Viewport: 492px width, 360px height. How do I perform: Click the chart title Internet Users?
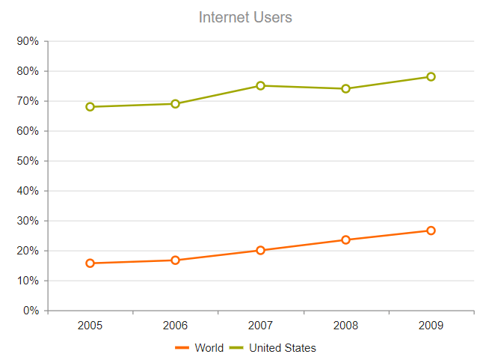click(x=245, y=17)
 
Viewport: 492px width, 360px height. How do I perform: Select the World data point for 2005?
click(x=90, y=263)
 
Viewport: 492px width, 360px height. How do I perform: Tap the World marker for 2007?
click(x=260, y=251)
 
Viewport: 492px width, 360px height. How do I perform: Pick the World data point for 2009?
click(x=431, y=231)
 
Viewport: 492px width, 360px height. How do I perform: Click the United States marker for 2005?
click(x=90, y=107)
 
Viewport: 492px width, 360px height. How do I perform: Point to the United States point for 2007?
click(x=260, y=86)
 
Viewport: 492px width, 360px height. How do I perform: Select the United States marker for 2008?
click(x=345, y=89)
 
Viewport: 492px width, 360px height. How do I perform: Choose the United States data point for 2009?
click(x=431, y=77)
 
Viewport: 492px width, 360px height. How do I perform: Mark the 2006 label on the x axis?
click(x=175, y=326)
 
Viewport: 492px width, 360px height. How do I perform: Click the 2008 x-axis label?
click(x=345, y=326)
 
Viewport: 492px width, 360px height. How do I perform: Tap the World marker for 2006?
click(x=175, y=260)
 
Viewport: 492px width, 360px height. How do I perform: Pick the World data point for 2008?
click(x=345, y=240)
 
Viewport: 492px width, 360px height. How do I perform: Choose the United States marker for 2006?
click(x=175, y=104)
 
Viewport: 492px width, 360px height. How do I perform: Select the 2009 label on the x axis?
click(x=431, y=326)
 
